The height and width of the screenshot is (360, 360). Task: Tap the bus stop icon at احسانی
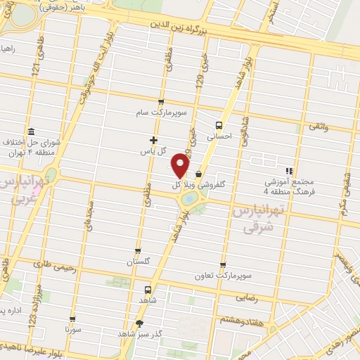pos(218,125)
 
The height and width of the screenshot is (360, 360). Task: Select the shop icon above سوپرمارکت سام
pos(161,101)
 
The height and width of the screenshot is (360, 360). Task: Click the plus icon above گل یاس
pos(154,139)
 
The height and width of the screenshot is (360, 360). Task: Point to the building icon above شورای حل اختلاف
pos(31,131)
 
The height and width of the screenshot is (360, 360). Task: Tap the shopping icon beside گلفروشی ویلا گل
pos(198,174)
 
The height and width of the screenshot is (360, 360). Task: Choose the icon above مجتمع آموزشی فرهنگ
pos(288,170)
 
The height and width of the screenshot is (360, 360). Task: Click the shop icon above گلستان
pos(138,250)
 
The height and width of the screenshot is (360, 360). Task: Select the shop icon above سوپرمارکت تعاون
pos(223,264)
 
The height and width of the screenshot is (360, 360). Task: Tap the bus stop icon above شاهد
pos(148,290)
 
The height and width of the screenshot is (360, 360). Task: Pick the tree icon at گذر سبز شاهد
pos(139,323)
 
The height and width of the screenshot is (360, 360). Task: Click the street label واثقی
pos(318,125)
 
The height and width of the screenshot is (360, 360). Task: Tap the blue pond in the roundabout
pos(189,200)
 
